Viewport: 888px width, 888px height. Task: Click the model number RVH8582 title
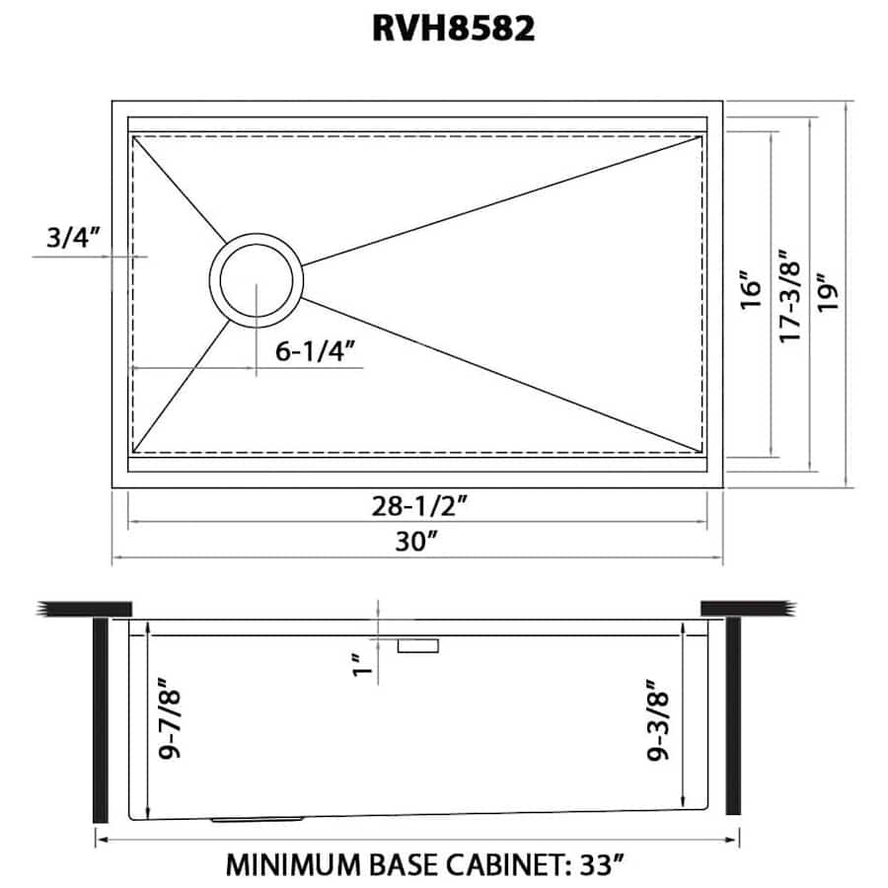(453, 28)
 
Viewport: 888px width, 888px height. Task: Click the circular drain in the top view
(257, 278)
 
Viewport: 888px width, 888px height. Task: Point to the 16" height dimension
(751, 291)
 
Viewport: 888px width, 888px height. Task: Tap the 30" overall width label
(417, 541)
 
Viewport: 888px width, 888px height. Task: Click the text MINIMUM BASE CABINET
(391, 865)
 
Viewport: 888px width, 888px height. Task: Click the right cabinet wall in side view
(733, 714)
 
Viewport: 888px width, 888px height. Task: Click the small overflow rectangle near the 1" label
(417, 645)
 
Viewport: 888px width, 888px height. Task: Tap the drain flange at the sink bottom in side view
(259, 819)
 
